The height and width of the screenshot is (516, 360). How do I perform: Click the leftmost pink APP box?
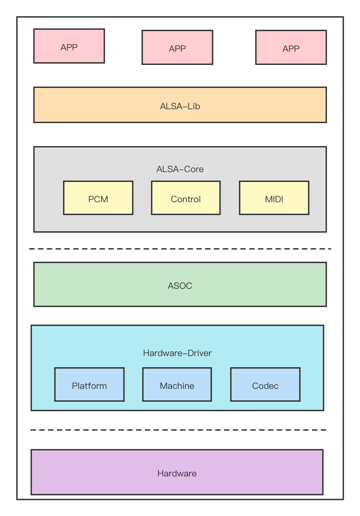(x=69, y=46)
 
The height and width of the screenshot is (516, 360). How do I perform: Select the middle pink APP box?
(x=177, y=47)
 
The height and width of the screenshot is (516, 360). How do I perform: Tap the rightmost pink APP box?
(x=291, y=47)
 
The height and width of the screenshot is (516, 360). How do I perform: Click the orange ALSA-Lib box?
(x=180, y=105)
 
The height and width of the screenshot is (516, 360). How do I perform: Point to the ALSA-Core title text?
(x=180, y=169)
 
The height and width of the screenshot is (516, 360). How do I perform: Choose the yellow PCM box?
(x=98, y=198)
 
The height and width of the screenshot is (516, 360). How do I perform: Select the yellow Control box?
(x=186, y=198)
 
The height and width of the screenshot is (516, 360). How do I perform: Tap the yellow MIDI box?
(x=274, y=198)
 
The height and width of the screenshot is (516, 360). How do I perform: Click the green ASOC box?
(x=180, y=284)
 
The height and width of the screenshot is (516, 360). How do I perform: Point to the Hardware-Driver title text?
(x=177, y=353)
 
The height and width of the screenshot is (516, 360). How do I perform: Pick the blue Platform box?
(x=89, y=384)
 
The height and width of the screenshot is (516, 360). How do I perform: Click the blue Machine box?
(x=177, y=384)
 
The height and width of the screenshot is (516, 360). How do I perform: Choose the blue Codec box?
(x=265, y=384)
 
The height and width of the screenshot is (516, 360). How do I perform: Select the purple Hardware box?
(x=177, y=472)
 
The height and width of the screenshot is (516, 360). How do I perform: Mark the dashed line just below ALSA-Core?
(x=180, y=249)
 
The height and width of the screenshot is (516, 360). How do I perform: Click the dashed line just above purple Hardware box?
(x=178, y=430)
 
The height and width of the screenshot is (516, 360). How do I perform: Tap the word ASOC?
(x=180, y=286)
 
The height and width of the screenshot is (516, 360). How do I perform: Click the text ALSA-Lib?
(x=180, y=106)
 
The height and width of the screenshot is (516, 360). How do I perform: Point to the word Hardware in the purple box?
(x=177, y=473)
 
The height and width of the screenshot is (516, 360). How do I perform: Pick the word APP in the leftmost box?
(x=69, y=47)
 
